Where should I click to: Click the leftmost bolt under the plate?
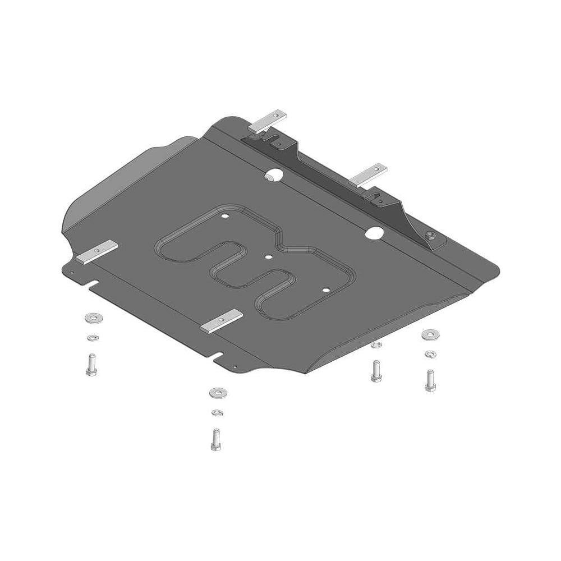point(92,365)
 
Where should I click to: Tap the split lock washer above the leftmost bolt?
point(92,337)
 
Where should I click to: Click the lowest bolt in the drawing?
point(217,439)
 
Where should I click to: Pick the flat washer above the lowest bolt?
point(218,393)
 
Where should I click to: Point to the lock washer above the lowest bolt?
point(217,413)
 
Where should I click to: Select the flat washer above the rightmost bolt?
point(430,334)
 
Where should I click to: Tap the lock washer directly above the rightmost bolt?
point(430,354)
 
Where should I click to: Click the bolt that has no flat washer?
point(376,371)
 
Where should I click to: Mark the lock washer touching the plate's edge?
point(376,344)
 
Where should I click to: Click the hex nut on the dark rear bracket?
point(430,236)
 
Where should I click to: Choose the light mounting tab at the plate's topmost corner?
point(268,122)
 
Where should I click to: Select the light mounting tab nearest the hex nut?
point(368,175)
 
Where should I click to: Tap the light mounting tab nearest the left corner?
point(97,252)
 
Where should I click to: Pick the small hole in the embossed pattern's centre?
point(269,257)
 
